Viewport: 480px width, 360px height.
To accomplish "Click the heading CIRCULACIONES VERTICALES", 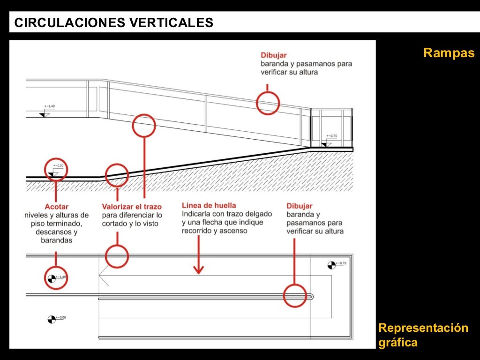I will [x=114, y=22].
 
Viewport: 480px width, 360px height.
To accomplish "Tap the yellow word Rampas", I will [x=449, y=53].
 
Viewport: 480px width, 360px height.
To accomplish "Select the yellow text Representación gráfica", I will [x=423, y=335].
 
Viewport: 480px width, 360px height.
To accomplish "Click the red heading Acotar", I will [x=56, y=207].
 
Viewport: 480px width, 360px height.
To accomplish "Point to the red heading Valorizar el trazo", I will [x=132, y=207].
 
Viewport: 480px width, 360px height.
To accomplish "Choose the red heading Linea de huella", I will [x=209, y=205].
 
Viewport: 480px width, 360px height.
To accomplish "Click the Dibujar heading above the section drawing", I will [x=274, y=55].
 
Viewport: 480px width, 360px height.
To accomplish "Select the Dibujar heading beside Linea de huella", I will [x=299, y=206].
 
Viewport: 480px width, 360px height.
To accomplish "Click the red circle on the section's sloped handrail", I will [x=268, y=102].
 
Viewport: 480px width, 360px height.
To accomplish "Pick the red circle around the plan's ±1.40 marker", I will [x=56, y=278].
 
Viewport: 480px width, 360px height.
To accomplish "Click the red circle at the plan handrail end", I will [x=296, y=296].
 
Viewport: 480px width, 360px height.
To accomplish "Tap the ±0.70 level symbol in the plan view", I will [x=332, y=265].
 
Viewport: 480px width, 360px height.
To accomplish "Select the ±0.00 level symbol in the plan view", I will [x=52, y=319].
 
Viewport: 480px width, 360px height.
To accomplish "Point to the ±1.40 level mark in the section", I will [x=45, y=112].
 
